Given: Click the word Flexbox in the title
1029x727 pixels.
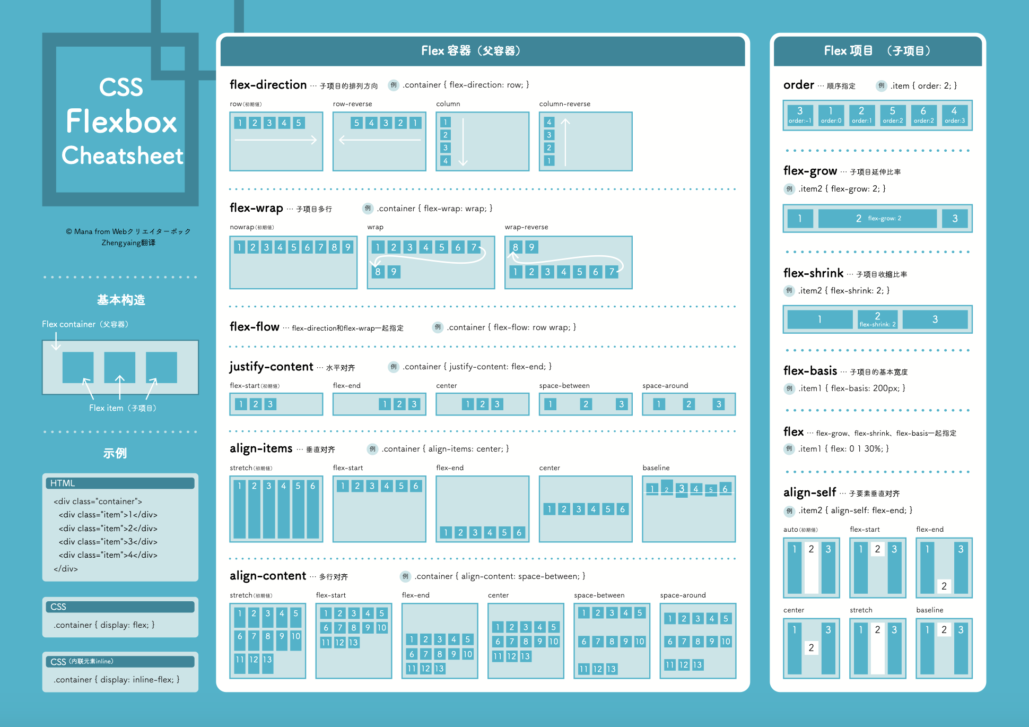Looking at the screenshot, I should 121,122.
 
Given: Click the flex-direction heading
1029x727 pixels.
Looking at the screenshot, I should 268,85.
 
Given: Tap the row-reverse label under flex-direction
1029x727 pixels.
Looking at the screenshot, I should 352,104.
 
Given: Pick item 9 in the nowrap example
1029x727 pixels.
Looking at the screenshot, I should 347,247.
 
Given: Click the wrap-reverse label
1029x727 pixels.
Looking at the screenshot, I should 526,227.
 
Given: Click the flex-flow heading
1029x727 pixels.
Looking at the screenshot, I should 254,327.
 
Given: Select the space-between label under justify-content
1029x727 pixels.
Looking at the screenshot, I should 564,386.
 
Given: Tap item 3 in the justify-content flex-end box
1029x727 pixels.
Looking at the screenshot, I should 414,404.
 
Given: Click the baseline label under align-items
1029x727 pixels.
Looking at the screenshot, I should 656,468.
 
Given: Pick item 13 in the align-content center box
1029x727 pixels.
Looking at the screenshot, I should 525,656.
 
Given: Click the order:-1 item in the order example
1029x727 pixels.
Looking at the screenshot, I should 799,115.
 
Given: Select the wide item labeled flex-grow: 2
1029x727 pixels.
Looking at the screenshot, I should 877,219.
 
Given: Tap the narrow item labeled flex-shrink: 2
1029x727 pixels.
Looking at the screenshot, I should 877,319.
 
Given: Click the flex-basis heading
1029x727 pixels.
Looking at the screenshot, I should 810,371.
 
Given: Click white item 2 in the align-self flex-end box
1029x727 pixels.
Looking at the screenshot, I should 944,586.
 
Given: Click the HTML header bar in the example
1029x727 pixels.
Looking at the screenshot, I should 120,483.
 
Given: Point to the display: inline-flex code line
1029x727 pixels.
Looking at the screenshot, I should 117,680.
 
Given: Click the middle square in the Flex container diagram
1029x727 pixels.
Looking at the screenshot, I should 119,367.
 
